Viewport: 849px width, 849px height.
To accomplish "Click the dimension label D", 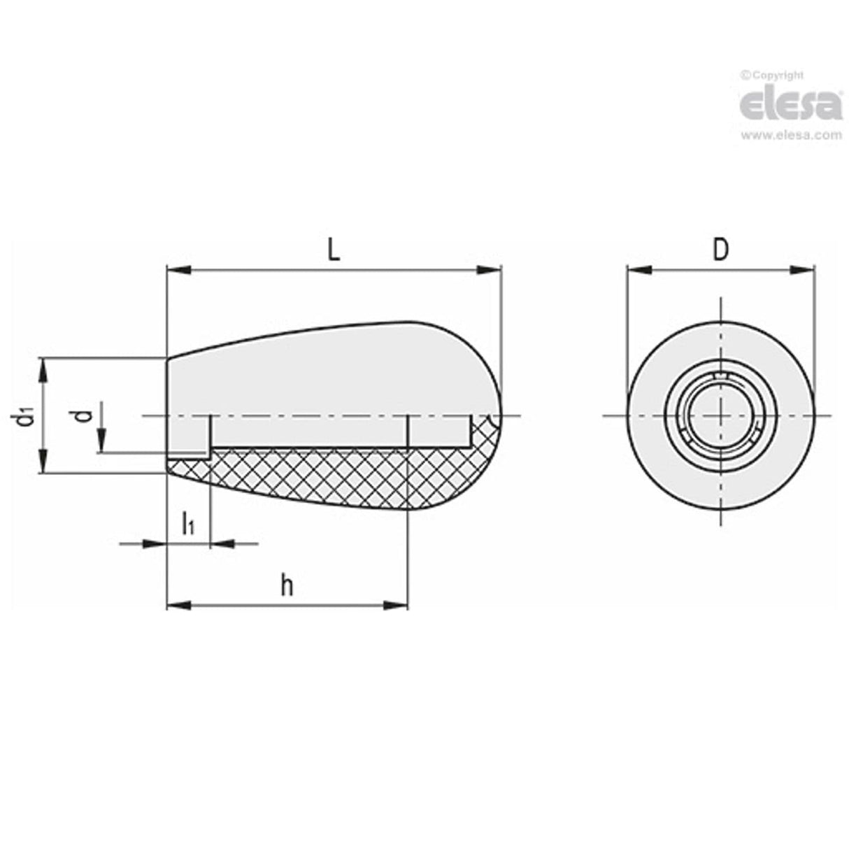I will (720, 250).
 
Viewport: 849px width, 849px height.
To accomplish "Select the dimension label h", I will (287, 586).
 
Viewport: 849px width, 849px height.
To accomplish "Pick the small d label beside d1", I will (84, 416).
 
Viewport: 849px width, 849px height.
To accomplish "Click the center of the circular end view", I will (721, 416).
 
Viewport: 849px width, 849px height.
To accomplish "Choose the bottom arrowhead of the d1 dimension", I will (44, 462).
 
